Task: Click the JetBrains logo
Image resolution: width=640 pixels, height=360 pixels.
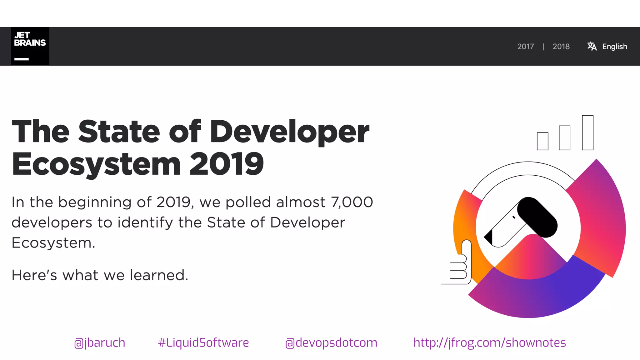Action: click(x=30, y=46)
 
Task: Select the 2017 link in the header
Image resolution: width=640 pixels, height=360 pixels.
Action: click(x=525, y=47)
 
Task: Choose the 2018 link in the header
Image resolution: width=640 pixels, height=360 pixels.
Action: click(x=561, y=47)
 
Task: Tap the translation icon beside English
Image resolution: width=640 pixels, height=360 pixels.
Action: click(x=592, y=46)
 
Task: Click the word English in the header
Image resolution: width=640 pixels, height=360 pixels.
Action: click(x=614, y=47)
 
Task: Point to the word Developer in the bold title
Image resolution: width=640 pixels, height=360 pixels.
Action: click(x=289, y=132)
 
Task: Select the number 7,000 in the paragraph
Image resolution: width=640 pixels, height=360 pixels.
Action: click(x=352, y=202)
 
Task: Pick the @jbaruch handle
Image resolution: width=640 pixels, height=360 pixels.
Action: click(x=100, y=343)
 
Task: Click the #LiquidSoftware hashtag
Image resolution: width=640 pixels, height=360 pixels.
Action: click(x=203, y=343)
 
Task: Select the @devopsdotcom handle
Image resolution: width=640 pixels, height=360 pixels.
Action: click(x=331, y=343)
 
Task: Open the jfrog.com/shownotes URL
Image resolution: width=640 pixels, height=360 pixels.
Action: click(x=489, y=343)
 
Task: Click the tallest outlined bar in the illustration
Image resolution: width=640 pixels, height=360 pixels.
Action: click(x=587, y=132)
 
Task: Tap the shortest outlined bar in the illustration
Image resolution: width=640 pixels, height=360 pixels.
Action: click(x=542, y=141)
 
